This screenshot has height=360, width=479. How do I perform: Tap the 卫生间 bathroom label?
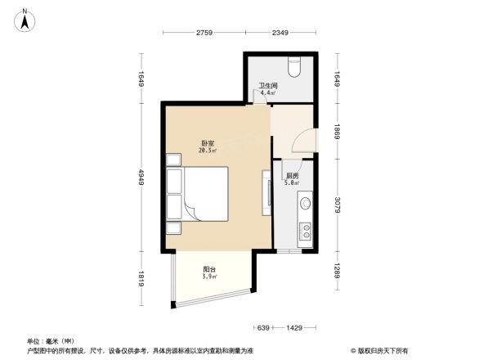pos(270,85)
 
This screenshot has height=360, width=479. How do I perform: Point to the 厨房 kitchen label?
pos(292,176)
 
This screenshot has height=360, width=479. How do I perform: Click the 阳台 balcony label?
pos(210,269)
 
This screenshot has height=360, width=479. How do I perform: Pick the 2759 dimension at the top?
pos(204,33)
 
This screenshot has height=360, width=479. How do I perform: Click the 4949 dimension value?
pos(141,177)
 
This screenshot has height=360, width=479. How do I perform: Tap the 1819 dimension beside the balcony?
pos(141,278)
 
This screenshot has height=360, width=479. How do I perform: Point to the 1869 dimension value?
pos(336,133)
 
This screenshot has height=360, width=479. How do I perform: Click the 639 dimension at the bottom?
pos(262,328)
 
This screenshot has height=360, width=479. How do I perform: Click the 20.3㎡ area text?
pos(207,151)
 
